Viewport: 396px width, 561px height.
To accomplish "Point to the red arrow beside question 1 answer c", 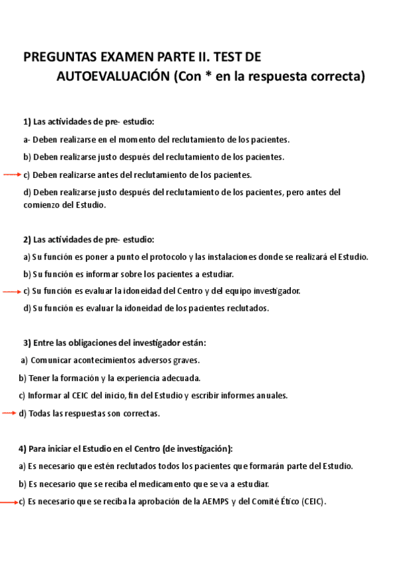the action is [x=13, y=175].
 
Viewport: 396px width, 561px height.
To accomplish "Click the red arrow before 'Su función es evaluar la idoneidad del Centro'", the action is [x=13, y=291].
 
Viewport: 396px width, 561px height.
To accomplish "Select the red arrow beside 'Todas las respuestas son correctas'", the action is [x=9, y=413].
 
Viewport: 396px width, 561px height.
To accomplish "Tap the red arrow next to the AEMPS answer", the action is [x=9, y=502].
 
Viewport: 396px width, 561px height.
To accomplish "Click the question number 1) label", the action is [x=27, y=122].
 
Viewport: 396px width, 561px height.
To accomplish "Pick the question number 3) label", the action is [x=27, y=343].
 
